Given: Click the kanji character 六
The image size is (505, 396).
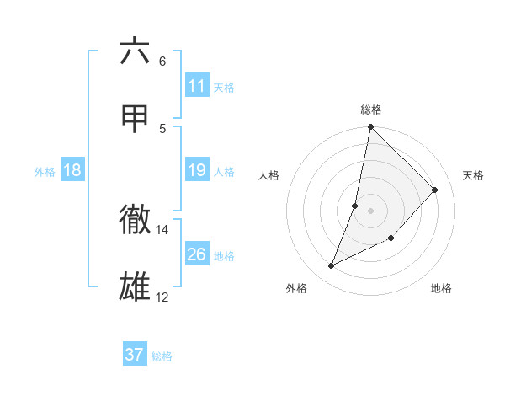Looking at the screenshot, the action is click(135, 51).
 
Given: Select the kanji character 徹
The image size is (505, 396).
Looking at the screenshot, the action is click(135, 220).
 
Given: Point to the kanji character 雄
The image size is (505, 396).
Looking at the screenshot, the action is click(135, 287).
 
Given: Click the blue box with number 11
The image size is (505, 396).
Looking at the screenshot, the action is click(197, 86).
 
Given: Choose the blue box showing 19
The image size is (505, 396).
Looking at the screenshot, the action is click(197, 170).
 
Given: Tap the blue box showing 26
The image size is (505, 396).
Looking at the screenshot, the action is click(197, 254).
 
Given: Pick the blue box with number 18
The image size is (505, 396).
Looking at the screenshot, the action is click(72, 170).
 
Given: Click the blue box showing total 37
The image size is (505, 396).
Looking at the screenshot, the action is click(135, 355).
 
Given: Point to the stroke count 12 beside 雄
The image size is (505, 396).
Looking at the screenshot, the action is click(162, 297).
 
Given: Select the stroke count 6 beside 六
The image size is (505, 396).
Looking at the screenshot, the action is click(162, 61).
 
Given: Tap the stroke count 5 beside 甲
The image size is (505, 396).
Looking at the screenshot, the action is click(162, 128).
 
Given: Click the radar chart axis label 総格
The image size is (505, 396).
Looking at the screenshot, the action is click(371, 110).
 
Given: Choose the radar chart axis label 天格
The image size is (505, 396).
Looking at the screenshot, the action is click(473, 175).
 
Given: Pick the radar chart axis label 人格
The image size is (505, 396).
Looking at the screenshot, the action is click(269, 175).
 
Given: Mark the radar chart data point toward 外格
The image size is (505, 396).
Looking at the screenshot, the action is click(332, 266).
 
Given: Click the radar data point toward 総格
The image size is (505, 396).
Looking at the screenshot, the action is click(371, 127).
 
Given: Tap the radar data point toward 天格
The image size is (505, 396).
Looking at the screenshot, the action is click(435, 190).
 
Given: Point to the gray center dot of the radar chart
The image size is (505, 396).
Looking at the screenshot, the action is click(371, 210).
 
